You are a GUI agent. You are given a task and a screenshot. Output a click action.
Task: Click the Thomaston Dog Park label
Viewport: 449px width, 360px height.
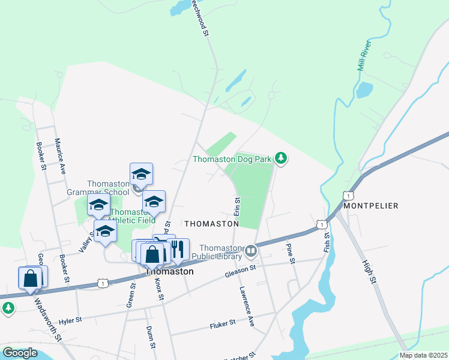point(233,159)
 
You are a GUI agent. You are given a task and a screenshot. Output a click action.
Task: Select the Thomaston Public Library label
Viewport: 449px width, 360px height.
point(220,252)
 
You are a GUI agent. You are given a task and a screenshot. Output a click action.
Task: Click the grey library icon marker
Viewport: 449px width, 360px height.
point(250,250)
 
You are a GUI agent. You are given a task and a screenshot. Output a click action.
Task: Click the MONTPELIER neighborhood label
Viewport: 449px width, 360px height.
point(370,205)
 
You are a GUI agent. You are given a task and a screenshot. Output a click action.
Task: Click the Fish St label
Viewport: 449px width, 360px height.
point(327,243)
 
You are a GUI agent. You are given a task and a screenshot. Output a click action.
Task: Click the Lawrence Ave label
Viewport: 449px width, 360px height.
point(248,306)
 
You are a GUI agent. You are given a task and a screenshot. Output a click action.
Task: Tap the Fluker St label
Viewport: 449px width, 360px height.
point(223,324)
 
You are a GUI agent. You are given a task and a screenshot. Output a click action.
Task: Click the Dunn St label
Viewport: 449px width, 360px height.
point(151,338)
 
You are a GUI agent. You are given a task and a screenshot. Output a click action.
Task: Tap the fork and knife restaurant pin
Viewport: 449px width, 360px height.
point(178,250)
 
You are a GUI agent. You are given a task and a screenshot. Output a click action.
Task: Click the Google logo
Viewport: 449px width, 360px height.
point(20,353)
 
